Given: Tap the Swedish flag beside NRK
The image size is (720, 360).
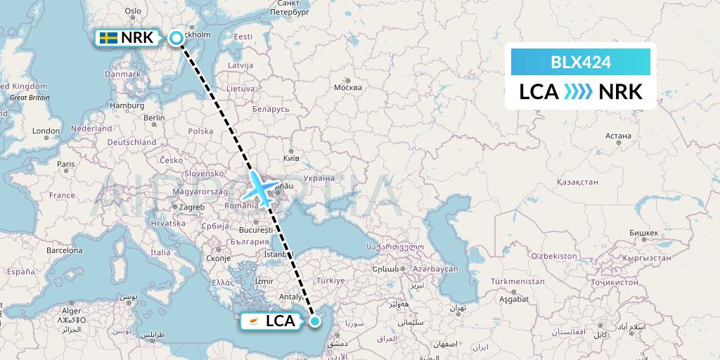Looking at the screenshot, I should [108, 38].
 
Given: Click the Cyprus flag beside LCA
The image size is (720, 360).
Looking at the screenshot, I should [253, 321].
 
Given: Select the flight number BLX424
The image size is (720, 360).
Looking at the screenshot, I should [580, 63].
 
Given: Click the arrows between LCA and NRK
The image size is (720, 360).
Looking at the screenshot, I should [579, 92].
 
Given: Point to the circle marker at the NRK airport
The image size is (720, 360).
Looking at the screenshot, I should [176, 38].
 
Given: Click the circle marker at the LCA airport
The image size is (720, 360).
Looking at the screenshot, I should [314, 321].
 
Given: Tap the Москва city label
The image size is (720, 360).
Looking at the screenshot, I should [348, 87].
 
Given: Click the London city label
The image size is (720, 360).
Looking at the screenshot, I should [46, 131].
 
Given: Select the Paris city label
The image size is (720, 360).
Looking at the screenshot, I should [66, 165].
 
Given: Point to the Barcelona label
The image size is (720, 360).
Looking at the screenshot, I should [65, 250].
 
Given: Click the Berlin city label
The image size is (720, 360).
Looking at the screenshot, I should [154, 118].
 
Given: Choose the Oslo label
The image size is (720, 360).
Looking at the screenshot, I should [132, 11].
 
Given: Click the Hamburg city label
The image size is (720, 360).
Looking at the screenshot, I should [127, 105].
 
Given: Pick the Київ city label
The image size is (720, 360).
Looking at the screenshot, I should [290, 158].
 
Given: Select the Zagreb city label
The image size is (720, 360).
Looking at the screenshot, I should [191, 207].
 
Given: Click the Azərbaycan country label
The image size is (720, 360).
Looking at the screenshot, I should [434, 269].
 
